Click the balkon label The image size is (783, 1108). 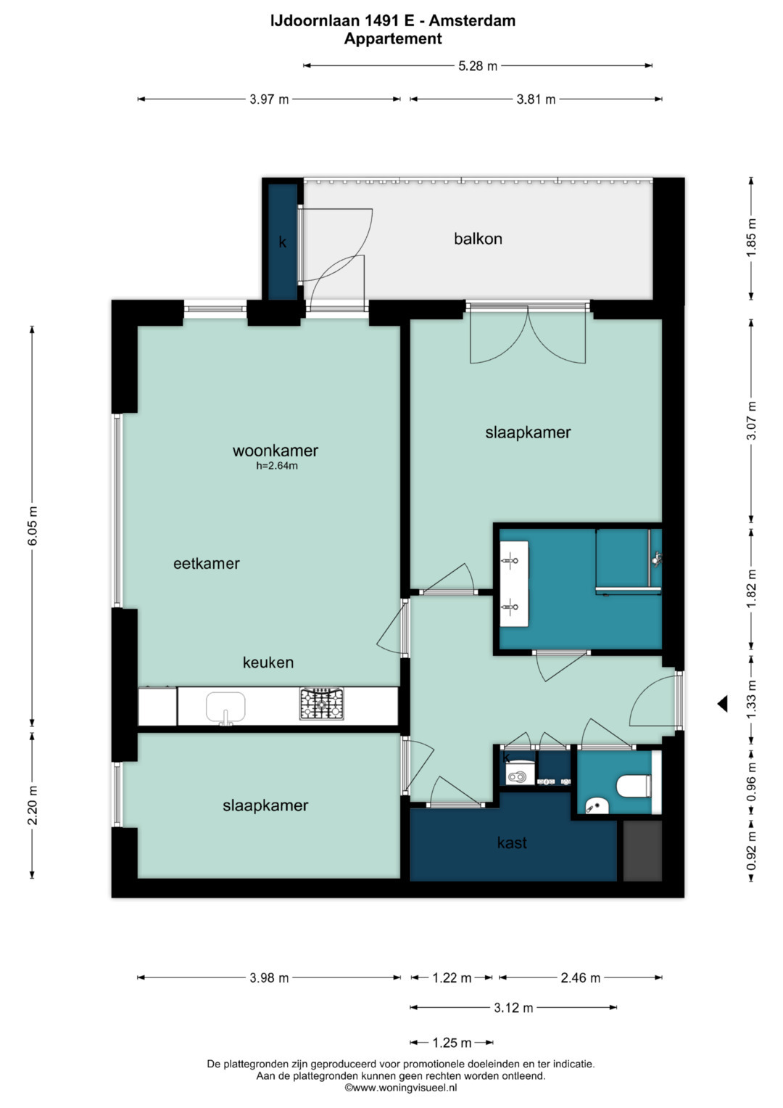coord(478,239)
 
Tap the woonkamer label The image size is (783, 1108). coord(275,451)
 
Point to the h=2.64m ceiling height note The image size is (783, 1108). coord(277,465)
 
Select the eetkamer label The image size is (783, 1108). coord(207,563)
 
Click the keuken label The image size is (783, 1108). coord(268,662)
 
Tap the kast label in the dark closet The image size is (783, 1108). coord(512,842)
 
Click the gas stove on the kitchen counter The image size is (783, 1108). coord(321,703)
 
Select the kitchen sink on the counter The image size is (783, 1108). coord(225,708)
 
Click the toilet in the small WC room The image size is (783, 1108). coord(636,786)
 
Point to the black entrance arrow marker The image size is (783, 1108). coord(723,703)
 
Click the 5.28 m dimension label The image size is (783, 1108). coord(478,66)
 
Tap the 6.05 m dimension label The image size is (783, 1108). coord(33,526)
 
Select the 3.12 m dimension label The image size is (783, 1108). coord(513,1008)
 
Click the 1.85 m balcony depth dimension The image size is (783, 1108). coord(751,238)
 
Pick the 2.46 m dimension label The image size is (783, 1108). coord(580,977)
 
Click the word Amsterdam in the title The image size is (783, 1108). coord(472,20)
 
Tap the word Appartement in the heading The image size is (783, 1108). coord(393,38)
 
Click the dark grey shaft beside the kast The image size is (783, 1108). coord(642,851)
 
